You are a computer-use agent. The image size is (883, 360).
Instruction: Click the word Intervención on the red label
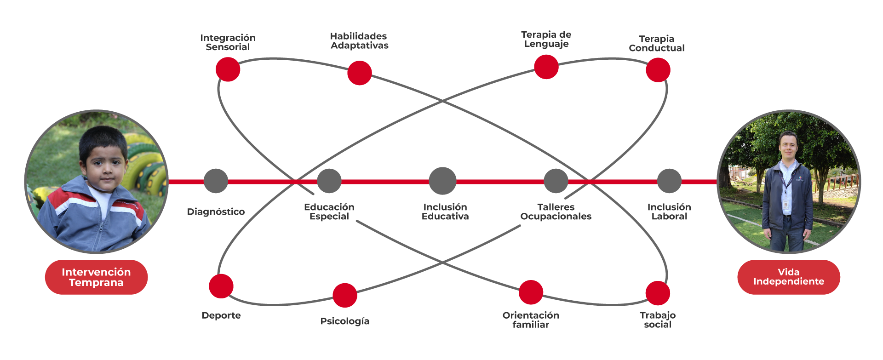tap(96, 272)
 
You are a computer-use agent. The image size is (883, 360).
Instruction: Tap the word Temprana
tap(96, 283)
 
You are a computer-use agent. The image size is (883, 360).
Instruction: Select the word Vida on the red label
tap(788, 272)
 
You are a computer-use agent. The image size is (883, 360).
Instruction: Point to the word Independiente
tap(788, 281)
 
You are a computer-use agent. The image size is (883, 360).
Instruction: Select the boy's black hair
tap(102, 138)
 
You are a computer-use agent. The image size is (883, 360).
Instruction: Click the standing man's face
tap(787, 146)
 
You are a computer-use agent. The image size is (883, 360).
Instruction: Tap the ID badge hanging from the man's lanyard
tap(786, 204)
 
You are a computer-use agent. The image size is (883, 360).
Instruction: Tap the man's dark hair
tap(787, 135)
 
